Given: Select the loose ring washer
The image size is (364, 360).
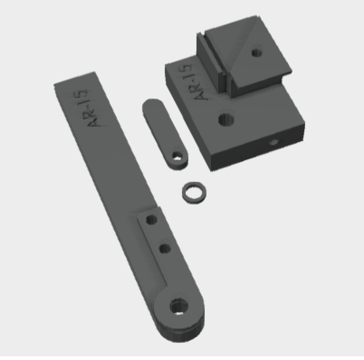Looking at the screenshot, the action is pyautogui.click(x=195, y=193).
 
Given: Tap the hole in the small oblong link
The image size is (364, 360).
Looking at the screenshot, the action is pyautogui.click(x=177, y=156).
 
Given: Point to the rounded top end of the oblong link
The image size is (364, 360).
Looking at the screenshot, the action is pyautogui.click(x=153, y=103).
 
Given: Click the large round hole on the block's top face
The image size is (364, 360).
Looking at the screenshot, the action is pyautogui.click(x=226, y=118).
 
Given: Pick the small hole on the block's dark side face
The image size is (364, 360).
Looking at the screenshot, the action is pyautogui.click(x=274, y=142).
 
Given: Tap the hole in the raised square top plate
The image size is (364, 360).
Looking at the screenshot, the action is pyautogui.click(x=256, y=52).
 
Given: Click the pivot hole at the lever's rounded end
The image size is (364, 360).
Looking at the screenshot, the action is pyautogui.click(x=179, y=307).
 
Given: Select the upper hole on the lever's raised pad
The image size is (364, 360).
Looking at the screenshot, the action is pyautogui.click(x=151, y=219).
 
